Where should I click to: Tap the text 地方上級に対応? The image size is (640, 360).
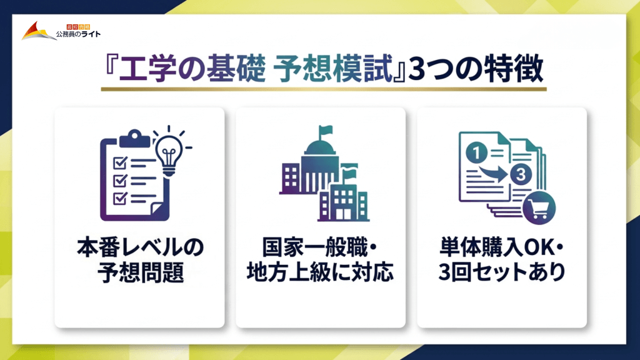(x=320, y=273)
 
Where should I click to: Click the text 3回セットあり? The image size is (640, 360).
(x=501, y=273)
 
